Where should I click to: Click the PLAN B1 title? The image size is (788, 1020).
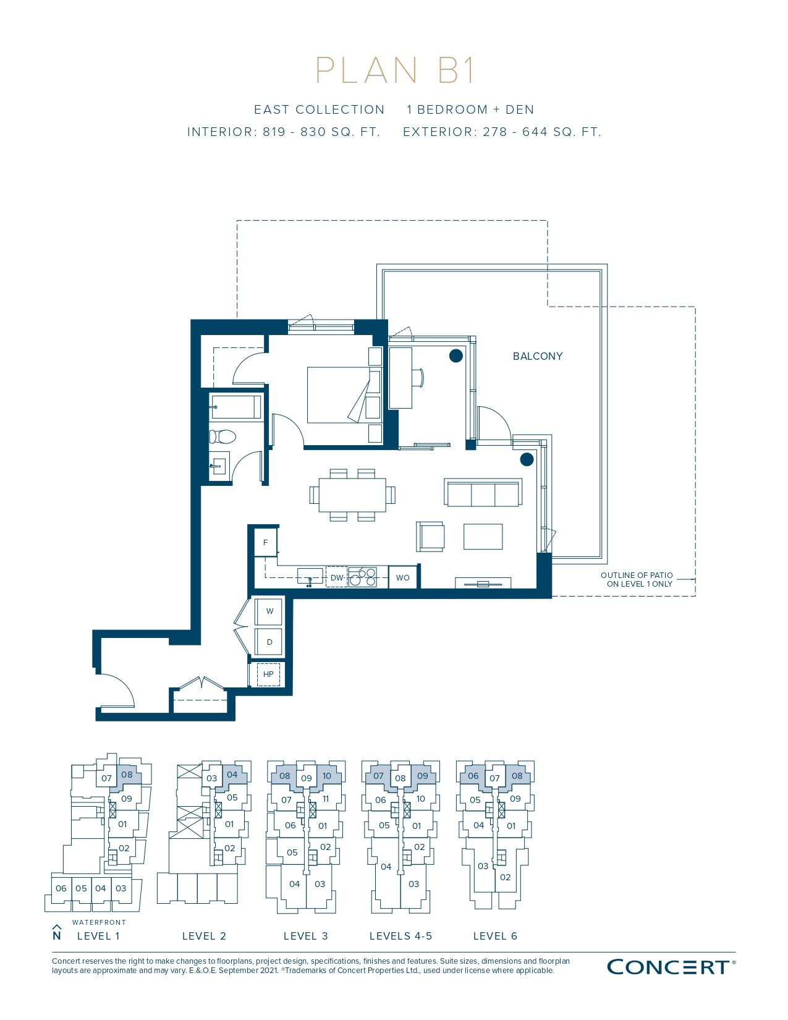pyautogui.click(x=395, y=70)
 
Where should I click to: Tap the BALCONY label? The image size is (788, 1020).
pyautogui.click(x=537, y=356)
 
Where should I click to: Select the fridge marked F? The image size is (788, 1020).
pyautogui.click(x=266, y=543)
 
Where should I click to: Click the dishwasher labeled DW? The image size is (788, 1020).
pyautogui.click(x=336, y=577)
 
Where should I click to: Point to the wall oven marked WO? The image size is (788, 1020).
pyautogui.click(x=403, y=577)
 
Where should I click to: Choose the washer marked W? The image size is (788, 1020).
pyautogui.click(x=269, y=611)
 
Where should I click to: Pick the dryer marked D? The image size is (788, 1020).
pyautogui.click(x=269, y=642)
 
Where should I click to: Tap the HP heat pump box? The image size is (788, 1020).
pyautogui.click(x=268, y=674)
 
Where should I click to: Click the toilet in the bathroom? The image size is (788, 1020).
pyautogui.click(x=222, y=436)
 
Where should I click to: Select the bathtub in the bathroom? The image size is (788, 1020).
pyautogui.click(x=236, y=407)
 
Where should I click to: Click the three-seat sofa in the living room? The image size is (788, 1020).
pyautogui.click(x=483, y=493)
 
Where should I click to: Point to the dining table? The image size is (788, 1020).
pyautogui.click(x=352, y=495)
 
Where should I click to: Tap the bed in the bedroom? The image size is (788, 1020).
pyautogui.click(x=344, y=395)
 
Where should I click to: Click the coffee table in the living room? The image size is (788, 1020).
pyautogui.click(x=483, y=537)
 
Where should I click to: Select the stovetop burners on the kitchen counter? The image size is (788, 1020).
pyautogui.click(x=362, y=577)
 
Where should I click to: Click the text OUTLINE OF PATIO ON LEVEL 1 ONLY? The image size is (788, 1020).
pyautogui.click(x=637, y=579)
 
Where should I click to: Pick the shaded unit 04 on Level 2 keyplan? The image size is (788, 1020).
pyautogui.click(x=232, y=775)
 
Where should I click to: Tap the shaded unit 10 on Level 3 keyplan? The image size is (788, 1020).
pyautogui.click(x=327, y=775)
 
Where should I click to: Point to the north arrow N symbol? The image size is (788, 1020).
pyautogui.click(x=57, y=933)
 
